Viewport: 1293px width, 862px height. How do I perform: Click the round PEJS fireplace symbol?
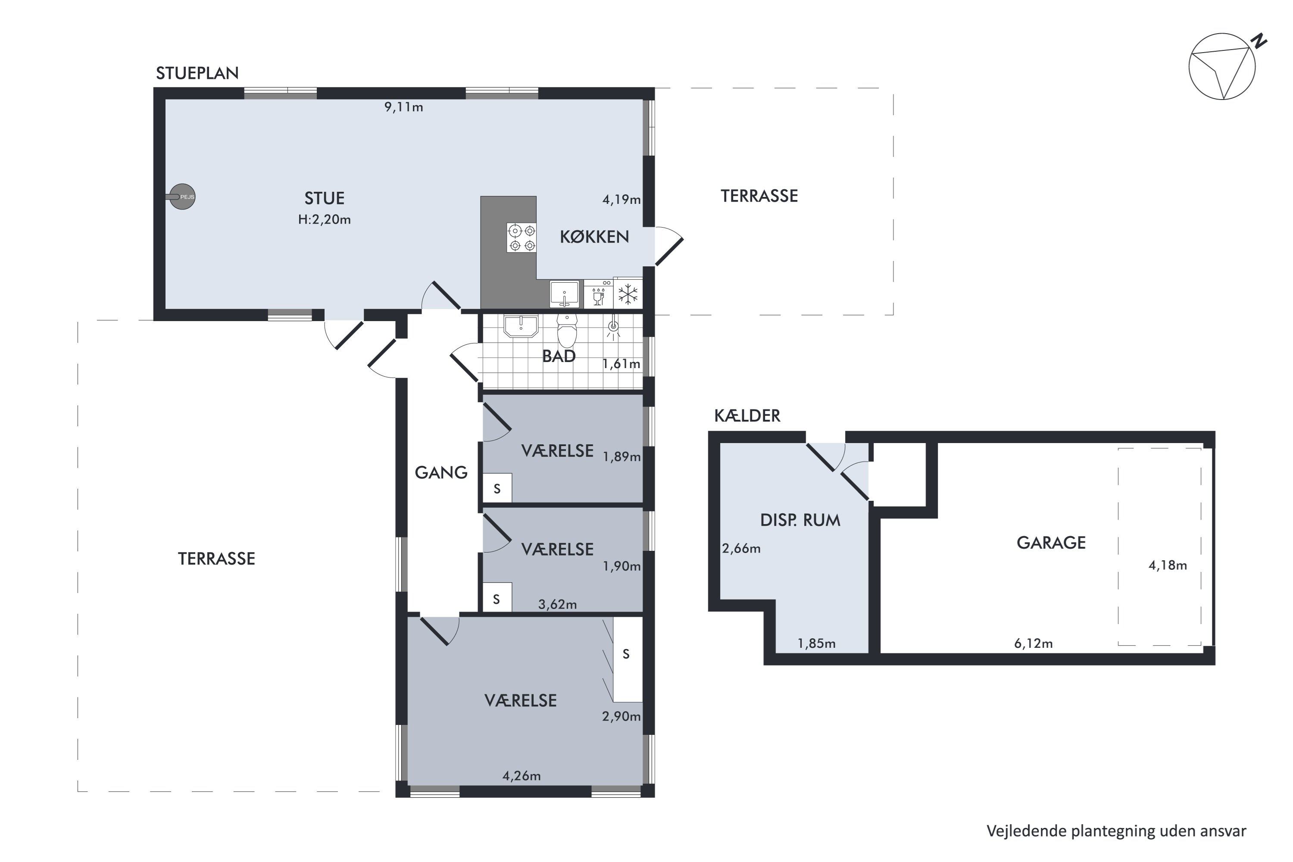coord(182,197)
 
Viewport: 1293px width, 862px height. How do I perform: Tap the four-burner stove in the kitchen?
coord(522,238)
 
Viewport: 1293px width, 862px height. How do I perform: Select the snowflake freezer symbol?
coord(628,294)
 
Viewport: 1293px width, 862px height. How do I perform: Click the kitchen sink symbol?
coord(565,294)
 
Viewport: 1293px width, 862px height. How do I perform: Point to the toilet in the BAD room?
coord(567,331)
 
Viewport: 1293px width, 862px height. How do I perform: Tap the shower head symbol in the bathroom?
coord(613,327)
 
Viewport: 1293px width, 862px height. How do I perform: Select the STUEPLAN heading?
coord(197,73)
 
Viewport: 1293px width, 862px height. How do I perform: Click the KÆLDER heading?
coord(747,415)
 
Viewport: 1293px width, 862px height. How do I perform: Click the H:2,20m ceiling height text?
coord(325,220)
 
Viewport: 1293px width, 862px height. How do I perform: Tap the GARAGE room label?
coord(1051,543)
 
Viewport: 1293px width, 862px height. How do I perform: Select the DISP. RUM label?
coord(800,521)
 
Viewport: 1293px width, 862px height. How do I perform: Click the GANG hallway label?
coord(441,473)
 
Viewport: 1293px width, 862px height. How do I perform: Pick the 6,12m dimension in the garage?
coord(1034,644)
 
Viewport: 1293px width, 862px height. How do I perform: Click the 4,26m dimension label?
coord(522,776)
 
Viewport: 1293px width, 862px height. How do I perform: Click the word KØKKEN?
coord(594,237)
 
